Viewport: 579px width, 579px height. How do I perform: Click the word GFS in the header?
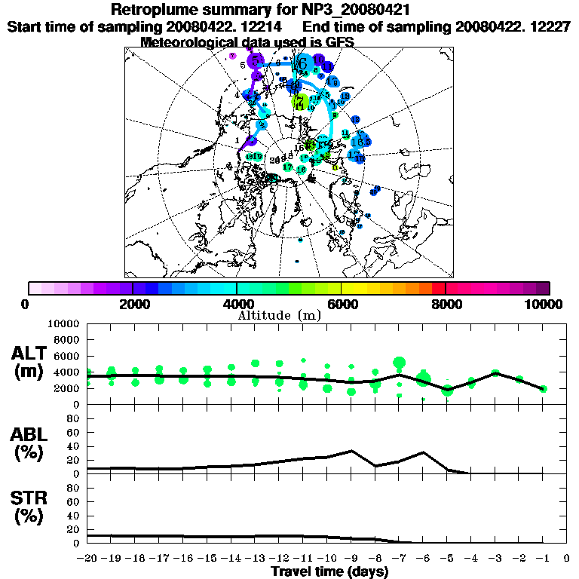[x=339, y=41]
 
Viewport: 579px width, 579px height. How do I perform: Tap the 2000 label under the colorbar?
[x=132, y=304]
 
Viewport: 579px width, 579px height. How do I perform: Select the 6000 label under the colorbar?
[x=341, y=304]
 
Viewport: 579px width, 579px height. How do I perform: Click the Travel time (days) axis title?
[x=329, y=572]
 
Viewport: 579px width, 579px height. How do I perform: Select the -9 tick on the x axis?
[x=351, y=559]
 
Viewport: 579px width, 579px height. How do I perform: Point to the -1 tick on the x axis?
[x=543, y=559]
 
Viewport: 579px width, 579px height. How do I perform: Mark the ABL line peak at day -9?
[x=351, y=451]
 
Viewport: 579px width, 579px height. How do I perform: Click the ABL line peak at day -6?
[x=424, y=452]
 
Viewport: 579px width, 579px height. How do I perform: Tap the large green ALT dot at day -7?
[x=400, y=363]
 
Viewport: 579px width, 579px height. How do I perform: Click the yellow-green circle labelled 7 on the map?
[x=299, y=100]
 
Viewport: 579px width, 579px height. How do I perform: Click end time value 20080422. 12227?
[x=513, y=26]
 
